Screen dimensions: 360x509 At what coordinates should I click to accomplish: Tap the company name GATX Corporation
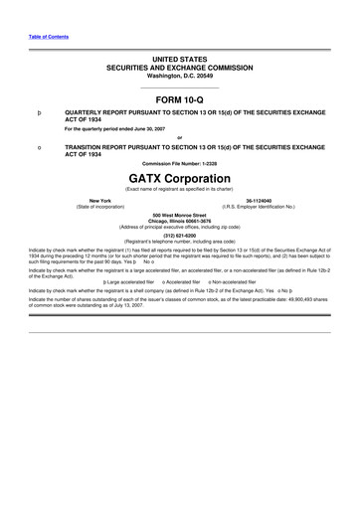(180, 176)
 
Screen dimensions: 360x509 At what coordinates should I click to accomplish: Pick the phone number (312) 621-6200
(180, 235)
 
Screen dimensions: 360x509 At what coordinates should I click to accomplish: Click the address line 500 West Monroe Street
(180, 215)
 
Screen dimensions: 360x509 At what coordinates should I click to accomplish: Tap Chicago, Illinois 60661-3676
(180, 221)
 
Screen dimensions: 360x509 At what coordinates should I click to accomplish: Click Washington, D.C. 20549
(180, 77)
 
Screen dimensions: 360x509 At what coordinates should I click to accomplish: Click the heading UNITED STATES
(180, 61)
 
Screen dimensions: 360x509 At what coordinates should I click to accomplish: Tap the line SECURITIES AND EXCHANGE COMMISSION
(180, 69)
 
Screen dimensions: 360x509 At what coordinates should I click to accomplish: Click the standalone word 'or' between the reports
(180, 138)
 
